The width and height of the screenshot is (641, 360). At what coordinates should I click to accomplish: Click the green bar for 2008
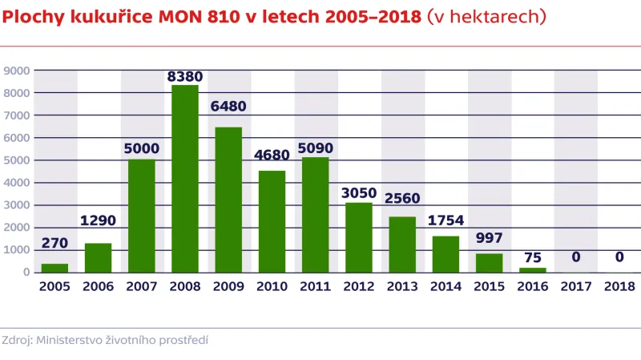pos(185,179)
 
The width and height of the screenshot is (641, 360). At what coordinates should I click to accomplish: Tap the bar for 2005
pos(55,268)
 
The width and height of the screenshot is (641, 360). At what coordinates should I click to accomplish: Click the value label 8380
pos(185,77)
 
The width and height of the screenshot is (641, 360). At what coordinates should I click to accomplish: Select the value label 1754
pos(446,220)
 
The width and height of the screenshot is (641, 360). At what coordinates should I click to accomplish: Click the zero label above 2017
pos(576,257)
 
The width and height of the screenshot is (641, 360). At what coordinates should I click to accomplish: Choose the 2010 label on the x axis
pos(272,286)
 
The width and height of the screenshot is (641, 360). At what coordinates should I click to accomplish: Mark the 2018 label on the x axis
pos(619,286)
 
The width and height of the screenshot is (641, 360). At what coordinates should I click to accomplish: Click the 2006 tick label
pos(99,286)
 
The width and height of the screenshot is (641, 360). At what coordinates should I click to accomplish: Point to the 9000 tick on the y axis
pos(17,71)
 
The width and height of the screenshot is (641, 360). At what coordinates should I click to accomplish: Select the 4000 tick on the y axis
pos(17,183)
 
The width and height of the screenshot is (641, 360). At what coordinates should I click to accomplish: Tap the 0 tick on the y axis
pos(26,273)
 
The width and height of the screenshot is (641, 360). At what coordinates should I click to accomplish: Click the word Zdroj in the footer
pos(17,340)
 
